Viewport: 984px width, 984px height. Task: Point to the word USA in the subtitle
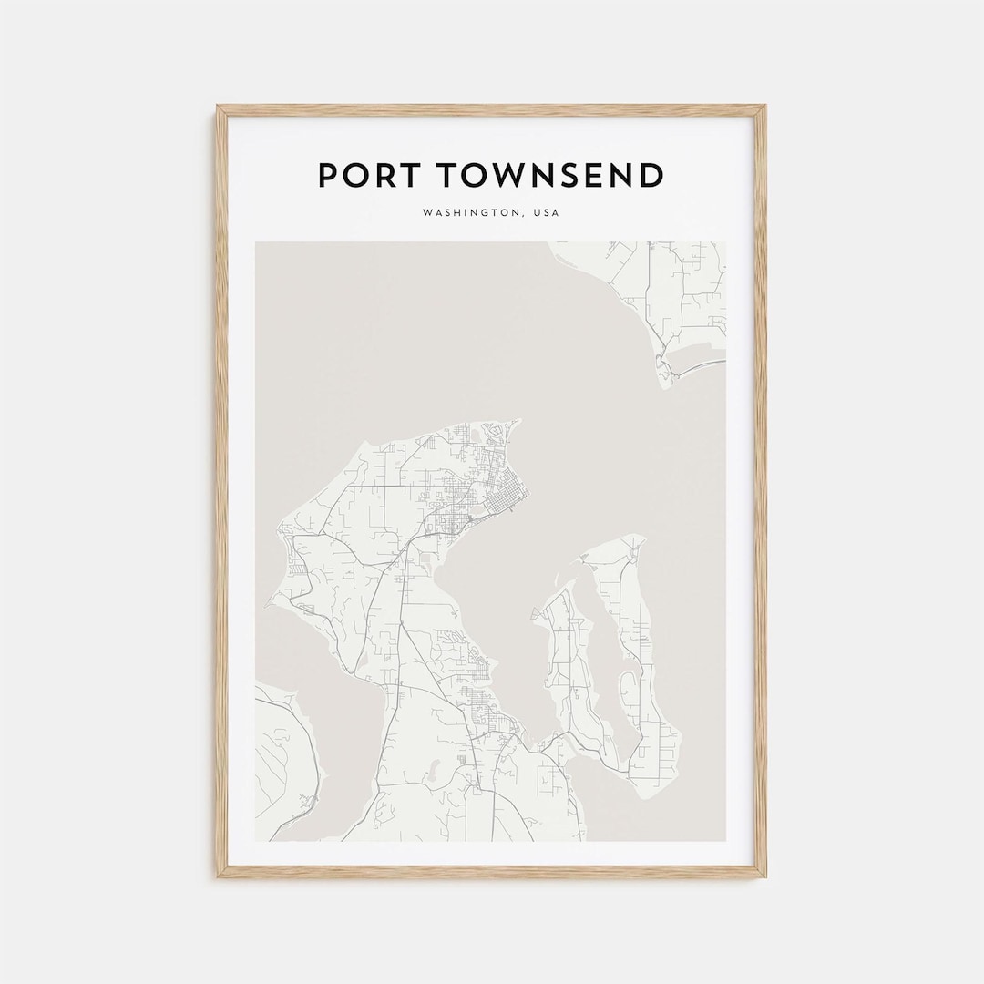pyautogui.click(x=548, y=213)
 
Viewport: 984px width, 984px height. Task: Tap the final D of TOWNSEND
pyautogui.click(x=651, y=175)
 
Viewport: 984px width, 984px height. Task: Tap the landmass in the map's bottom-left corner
pyautogui.click(x=282, y=756)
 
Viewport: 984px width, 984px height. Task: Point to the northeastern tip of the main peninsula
pyautogui.click(x=518, y=422)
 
